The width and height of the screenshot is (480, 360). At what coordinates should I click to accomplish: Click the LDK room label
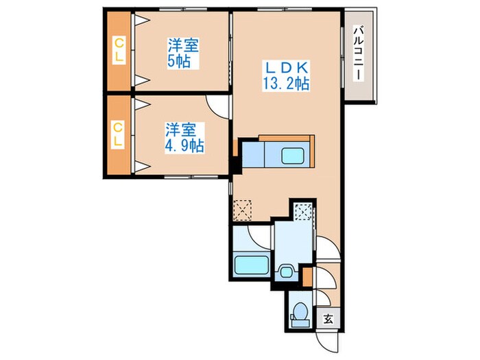(287, 69)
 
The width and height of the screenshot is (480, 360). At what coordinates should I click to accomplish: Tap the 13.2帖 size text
(287, 84)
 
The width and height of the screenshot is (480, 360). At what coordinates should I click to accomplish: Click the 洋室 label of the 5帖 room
(183, 47)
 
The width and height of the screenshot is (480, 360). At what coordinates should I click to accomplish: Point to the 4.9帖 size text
(183, 145)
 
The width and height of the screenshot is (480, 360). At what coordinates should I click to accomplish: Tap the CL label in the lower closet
(119, 134)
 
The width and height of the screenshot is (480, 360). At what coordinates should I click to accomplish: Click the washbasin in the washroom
(286, 272)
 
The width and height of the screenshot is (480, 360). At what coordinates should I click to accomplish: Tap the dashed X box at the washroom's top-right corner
(302, 209)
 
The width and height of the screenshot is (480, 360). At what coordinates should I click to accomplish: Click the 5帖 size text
(182, 62)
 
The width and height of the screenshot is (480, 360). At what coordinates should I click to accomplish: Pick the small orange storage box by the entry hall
(307, 276)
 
